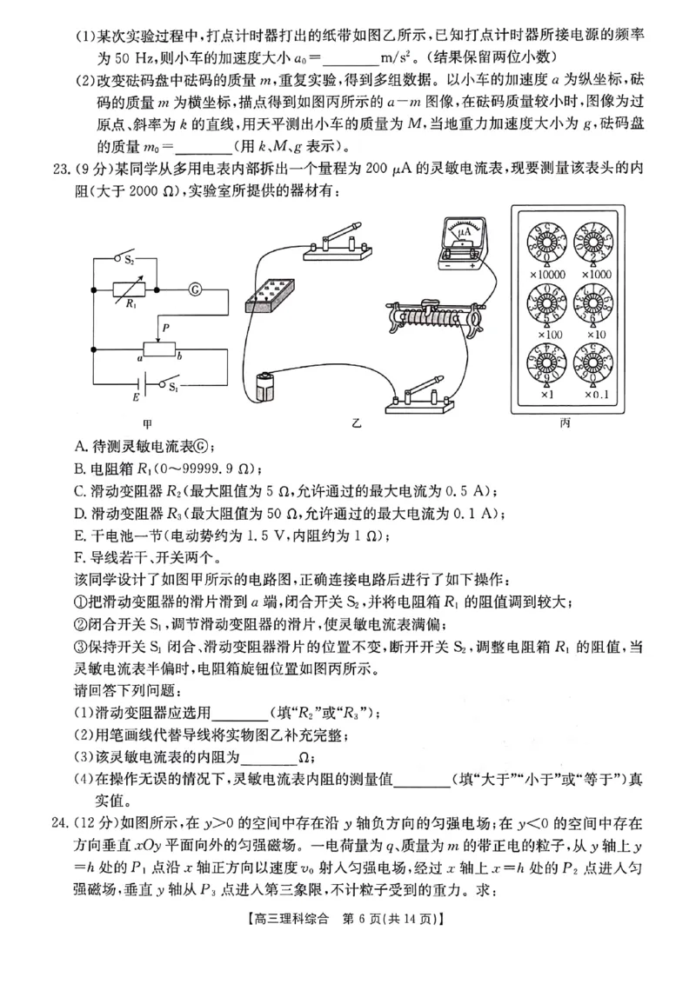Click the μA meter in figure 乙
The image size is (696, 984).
463,236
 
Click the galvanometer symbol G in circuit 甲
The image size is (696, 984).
195,287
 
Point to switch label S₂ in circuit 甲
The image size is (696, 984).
128,260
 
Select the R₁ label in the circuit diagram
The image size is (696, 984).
130,305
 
